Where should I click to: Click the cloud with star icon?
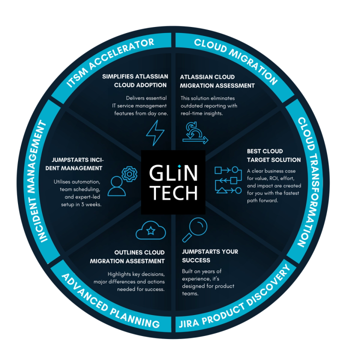(x=148, y=230)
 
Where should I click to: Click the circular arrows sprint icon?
(x=193, y=133)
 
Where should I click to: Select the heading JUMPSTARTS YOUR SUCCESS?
(x=209, y=255)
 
